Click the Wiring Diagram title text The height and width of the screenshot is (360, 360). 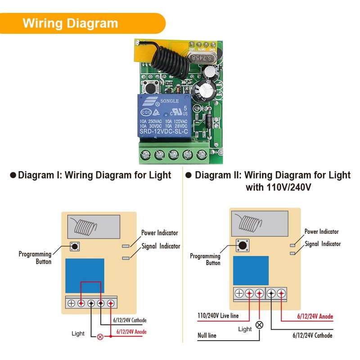click(x=70, y=23)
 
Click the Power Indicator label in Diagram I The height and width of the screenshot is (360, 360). click(x=160, y=233)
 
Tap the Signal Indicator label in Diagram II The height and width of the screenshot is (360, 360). click(x=323, y=243)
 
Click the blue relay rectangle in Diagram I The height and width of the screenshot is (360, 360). click(x=85, y=275)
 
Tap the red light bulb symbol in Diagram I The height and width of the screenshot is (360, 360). click(x=100, y=336)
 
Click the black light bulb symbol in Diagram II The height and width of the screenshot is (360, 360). click(x=259, y=325)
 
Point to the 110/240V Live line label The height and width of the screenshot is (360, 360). click(x=218, y=316)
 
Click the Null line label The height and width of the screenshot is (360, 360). click(x=207, y=335)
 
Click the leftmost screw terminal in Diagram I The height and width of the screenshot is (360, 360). click(x=71, y=303)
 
